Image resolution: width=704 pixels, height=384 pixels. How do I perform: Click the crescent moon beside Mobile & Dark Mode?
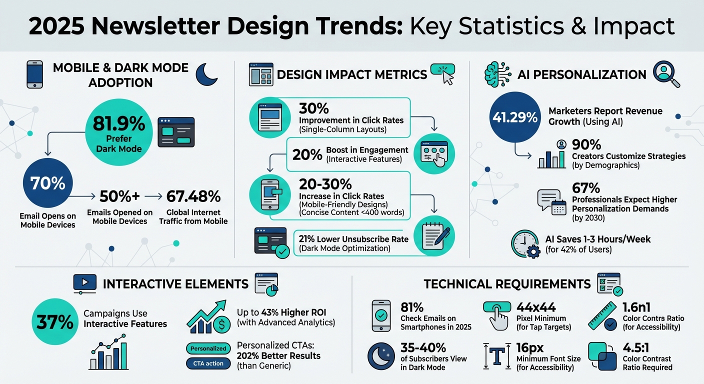point(206,73)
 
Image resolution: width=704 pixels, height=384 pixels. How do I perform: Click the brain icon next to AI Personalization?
point(496,74)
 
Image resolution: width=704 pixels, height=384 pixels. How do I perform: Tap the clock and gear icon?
point(525,244)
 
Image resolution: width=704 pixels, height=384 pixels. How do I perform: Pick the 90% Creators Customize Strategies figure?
point(586,145)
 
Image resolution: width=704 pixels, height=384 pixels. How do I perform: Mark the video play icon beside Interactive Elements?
point(84,283)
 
